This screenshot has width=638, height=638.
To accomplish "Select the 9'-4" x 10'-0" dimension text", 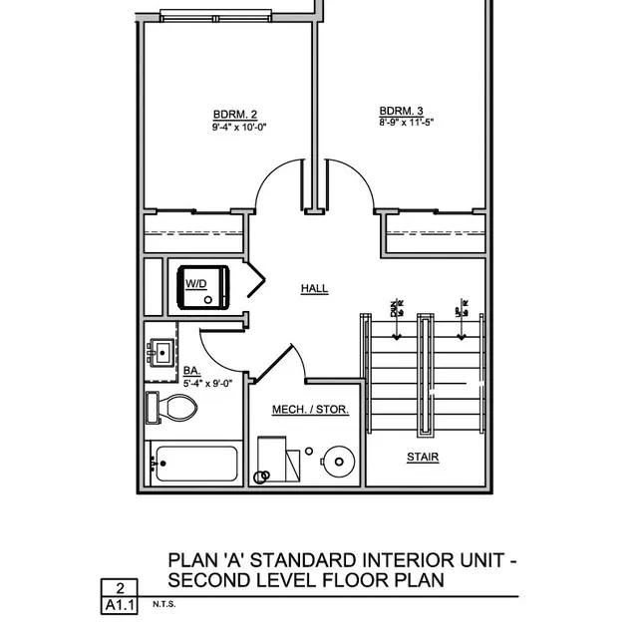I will point(239,127).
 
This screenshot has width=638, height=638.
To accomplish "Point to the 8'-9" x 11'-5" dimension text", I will point(407,123).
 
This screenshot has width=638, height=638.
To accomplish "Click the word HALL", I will point(314,289).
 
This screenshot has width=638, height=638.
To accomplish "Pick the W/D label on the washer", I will point(195,284).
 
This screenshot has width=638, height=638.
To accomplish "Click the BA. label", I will point(190,371).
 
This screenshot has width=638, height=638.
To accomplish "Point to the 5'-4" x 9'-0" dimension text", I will point(207,382).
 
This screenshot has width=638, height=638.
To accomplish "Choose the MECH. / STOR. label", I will point(311,410).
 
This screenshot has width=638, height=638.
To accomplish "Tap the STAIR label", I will point(423,458).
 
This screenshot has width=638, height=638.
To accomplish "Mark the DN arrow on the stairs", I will point(396,311).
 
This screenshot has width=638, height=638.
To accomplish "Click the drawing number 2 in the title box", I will point(120,589).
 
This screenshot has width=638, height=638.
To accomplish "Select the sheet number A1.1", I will point(120,605).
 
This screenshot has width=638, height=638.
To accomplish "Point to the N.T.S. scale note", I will point(163,604).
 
